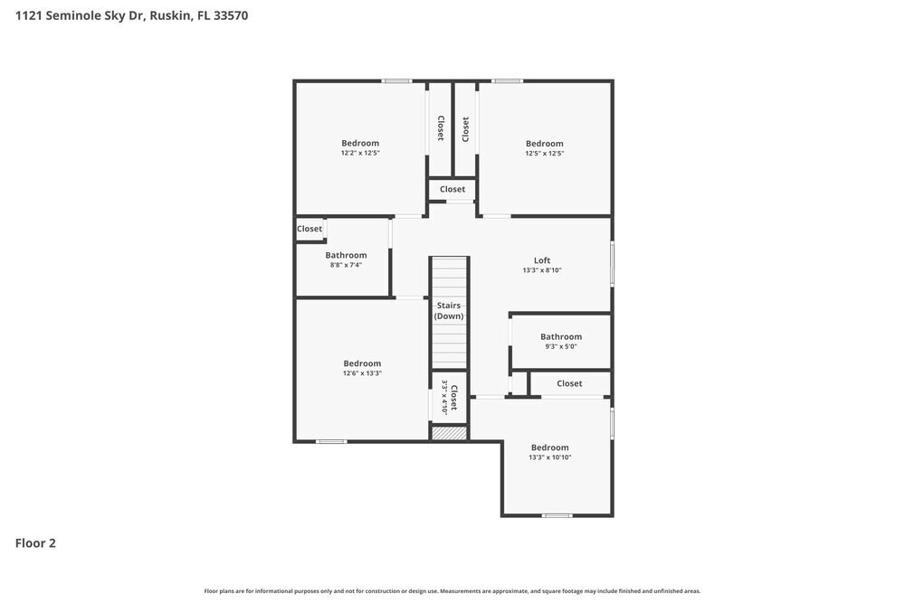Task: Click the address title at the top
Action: (131, 15)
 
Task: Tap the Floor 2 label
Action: (35, 543)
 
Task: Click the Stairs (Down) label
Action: (449, 311)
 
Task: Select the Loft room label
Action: (541, 260)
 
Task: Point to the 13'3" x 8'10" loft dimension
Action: (541, 270)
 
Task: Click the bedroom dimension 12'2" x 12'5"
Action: (359, 153)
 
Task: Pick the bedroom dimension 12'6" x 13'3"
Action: (362, 373)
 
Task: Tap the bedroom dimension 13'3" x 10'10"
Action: (549, 457)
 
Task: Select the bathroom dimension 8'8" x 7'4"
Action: (346, 265)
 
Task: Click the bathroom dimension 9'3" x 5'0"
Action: (560, 346)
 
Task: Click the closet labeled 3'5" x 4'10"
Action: (449, 397)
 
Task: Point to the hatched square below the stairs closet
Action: (449, 434)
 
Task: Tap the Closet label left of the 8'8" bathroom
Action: (310, 229)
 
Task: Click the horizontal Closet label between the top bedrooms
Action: (452, 189)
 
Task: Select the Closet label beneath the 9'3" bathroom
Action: (569, 383)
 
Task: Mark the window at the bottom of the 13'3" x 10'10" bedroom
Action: (557, 515)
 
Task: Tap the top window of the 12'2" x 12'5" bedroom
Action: (396, 81)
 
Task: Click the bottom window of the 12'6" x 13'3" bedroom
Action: (331, 441)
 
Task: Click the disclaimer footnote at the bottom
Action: (452, 590)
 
